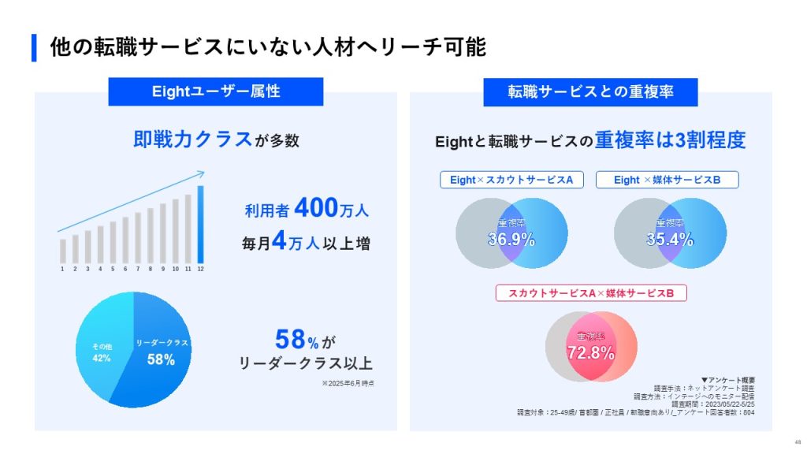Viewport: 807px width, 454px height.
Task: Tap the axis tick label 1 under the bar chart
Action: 62,270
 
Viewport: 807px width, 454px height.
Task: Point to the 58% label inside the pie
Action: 161,359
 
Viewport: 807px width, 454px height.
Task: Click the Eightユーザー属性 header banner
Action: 215,91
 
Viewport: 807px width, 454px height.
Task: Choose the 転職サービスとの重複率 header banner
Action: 590,91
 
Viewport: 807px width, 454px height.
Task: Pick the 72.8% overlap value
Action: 590,352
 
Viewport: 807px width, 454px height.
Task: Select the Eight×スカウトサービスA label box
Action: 511,180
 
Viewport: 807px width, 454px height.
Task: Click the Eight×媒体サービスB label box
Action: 668,180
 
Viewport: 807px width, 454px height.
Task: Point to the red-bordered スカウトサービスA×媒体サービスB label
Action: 590,293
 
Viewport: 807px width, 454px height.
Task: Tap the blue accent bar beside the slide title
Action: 34,47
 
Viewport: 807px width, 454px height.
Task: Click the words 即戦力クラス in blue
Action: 192,140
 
